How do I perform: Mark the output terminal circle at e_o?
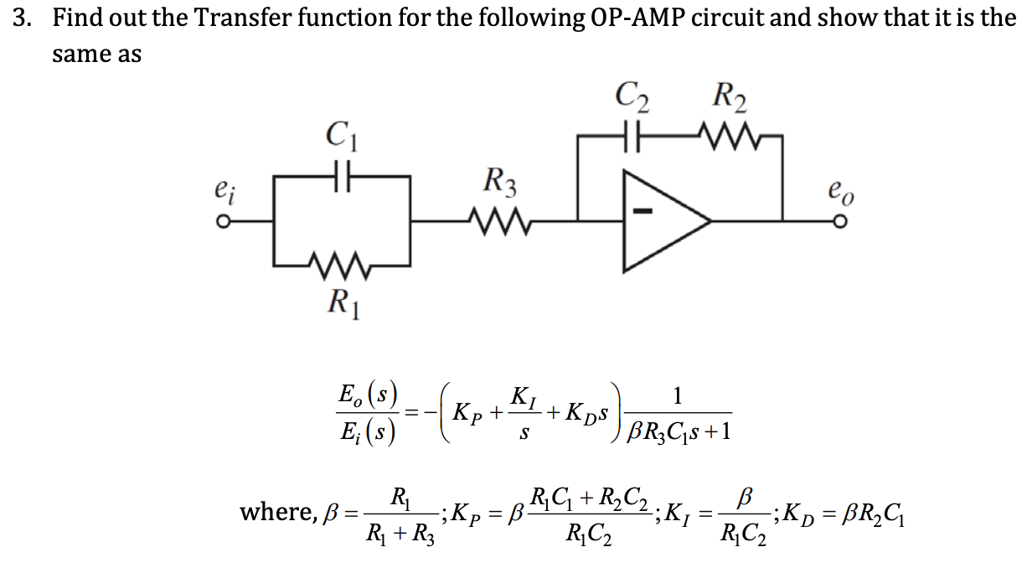pyautogui.click(x=839, y=222)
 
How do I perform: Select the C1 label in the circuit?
pyautogui.click(x=343, y=136)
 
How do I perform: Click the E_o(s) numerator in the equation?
pyautogui.click(x=367, y=394)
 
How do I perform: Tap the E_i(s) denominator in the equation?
pyautogui.click(x=367, y=432)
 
